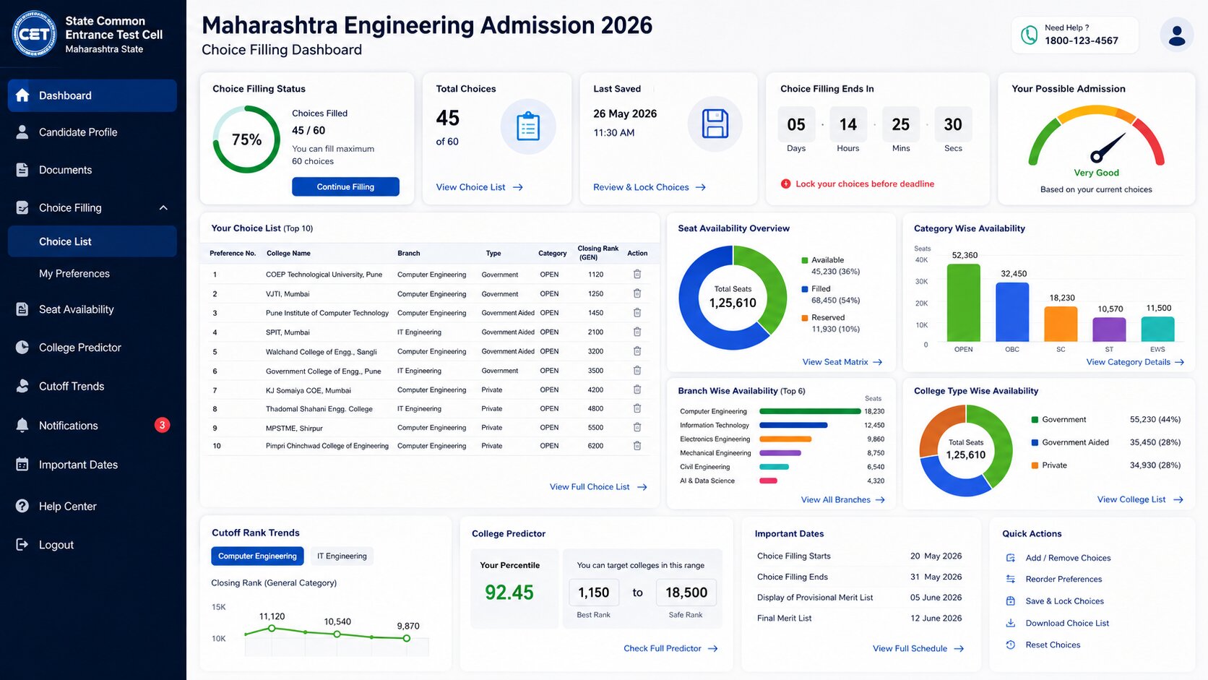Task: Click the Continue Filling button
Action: (x=345, y=186)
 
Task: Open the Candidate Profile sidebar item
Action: (x=77, y=132)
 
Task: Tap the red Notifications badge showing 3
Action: (x=162, y=425)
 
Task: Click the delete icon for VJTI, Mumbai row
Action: (x=637, y=293)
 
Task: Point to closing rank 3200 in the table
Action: (x=595, y=351)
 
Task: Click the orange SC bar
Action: (x=1061, y=324)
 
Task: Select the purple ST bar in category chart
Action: (x=1109, y=330)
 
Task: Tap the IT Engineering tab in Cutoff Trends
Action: (x=342, y=556)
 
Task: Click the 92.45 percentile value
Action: (x=509, y=592)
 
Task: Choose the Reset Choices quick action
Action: (x=1053, y=645)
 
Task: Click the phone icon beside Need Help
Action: (x=1029, y=35)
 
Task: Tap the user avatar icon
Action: (x=1177, y=35)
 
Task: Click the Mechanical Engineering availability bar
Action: (x=780, y=453)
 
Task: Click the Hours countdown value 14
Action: (x=847, y=124)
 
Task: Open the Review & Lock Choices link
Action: (x=650, y=187)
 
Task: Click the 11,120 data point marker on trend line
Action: (x=272, y=628)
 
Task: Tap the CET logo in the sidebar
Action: (x=34, y=35)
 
